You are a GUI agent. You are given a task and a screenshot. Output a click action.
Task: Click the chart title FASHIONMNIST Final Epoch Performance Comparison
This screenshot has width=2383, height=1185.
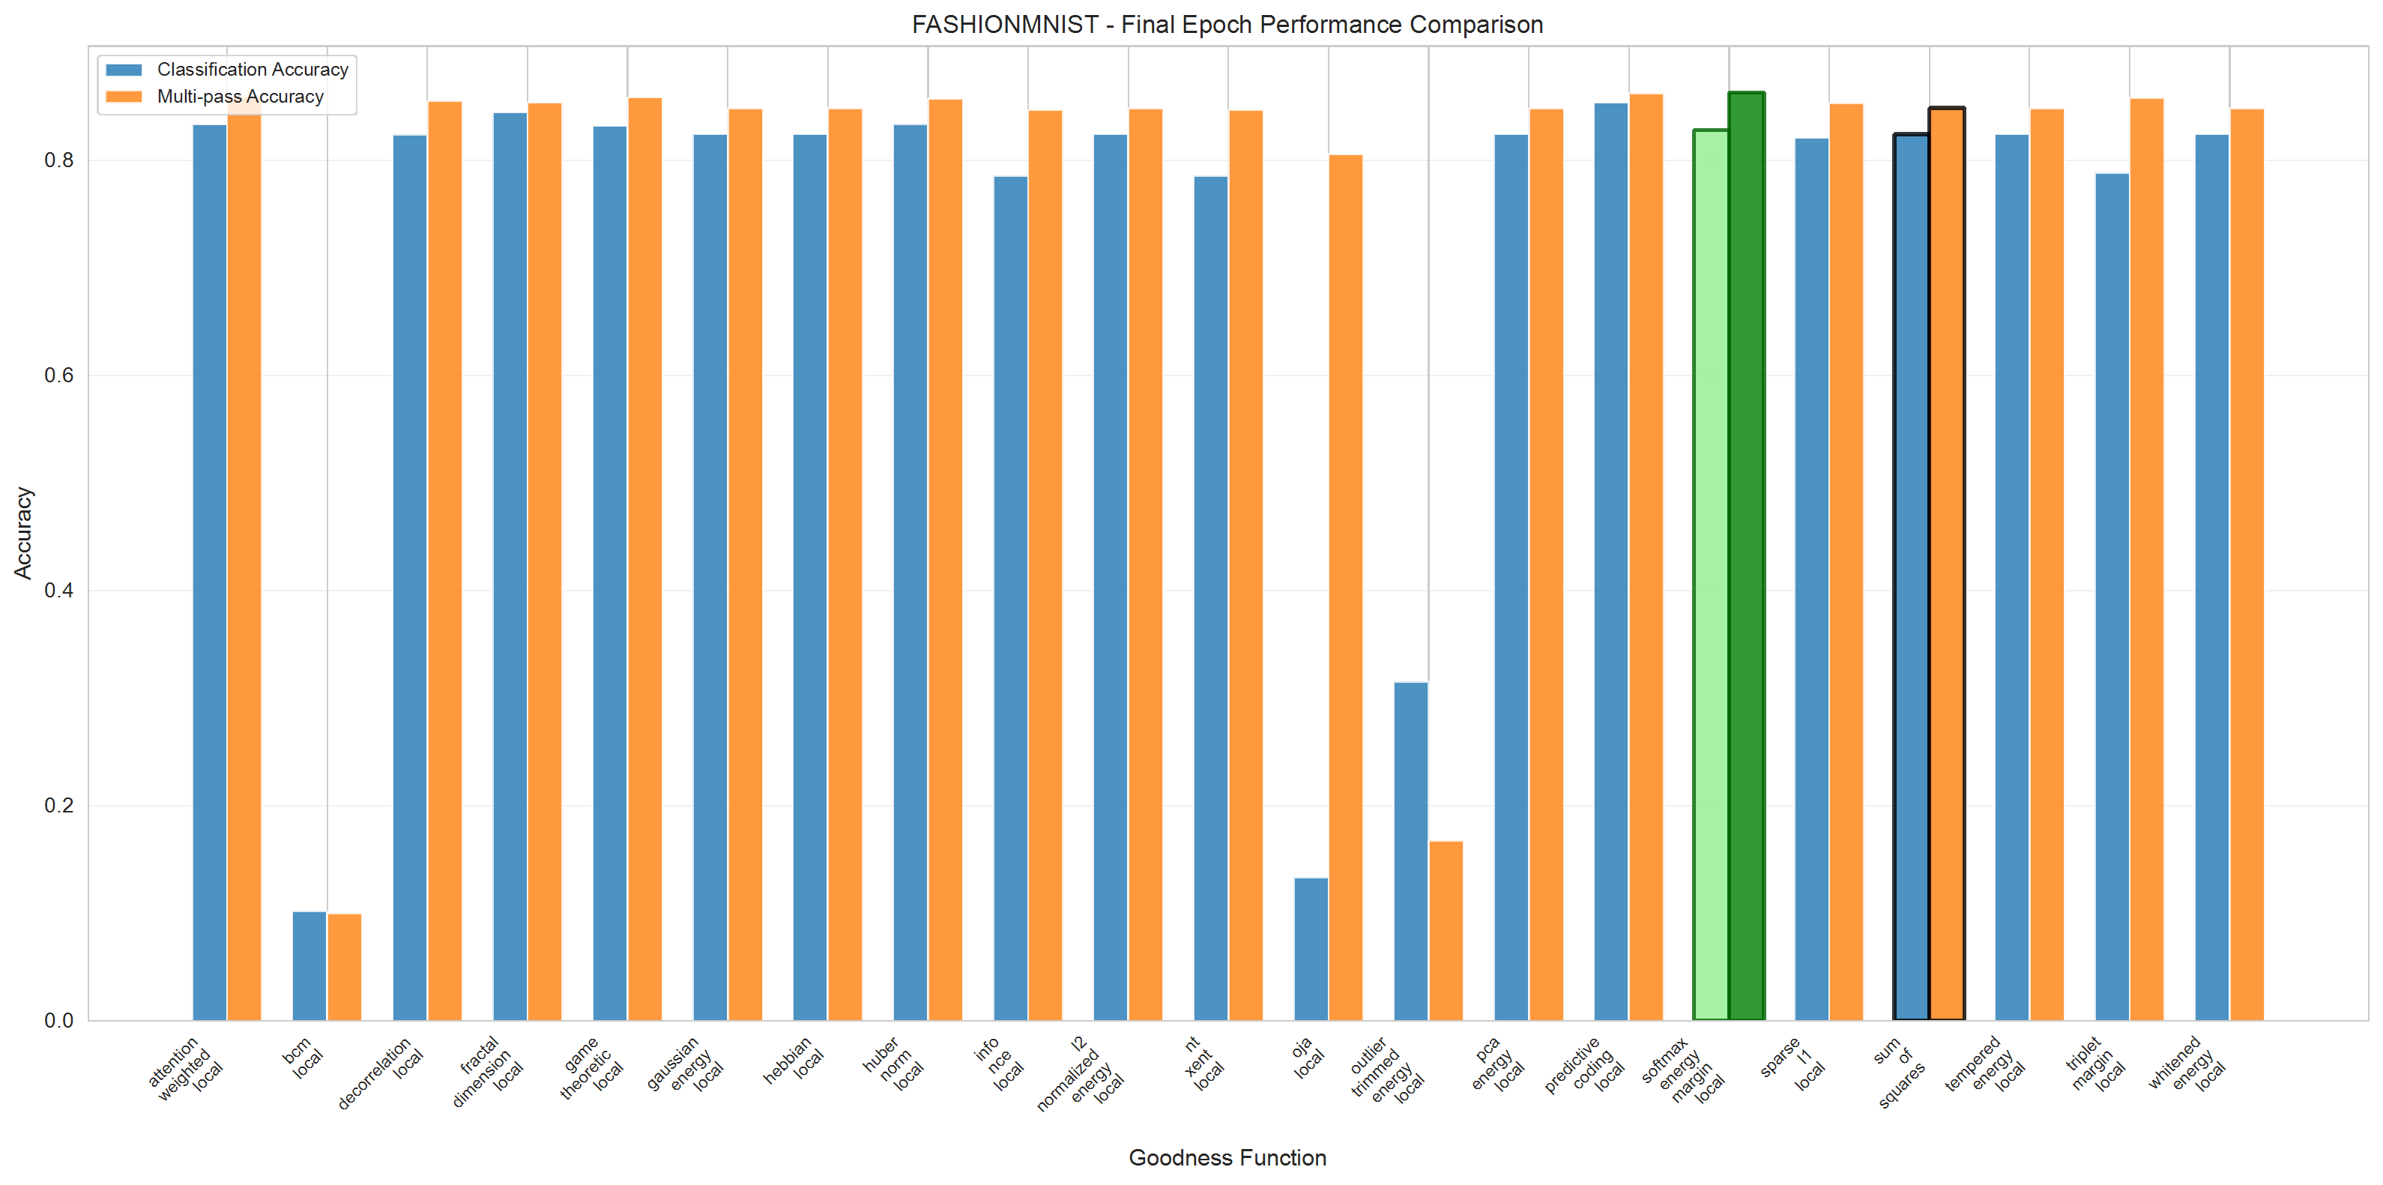coord(1227,24)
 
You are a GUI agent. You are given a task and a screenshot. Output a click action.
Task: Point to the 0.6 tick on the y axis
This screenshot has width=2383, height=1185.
coord(58,376)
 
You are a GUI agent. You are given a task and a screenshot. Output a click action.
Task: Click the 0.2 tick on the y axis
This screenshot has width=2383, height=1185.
coord(58,806)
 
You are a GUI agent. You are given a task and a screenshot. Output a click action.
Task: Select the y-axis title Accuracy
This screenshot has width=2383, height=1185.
coord(22,533)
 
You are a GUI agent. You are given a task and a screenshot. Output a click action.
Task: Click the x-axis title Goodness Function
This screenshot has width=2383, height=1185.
coord(1227,1157)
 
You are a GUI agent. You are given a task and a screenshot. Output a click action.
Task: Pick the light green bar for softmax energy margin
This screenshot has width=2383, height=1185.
coord(1711,573)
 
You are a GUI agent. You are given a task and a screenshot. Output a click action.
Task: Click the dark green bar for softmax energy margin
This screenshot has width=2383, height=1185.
coord(1745,555)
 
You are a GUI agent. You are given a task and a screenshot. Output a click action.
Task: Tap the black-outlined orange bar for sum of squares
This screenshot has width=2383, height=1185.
coord(1946,564)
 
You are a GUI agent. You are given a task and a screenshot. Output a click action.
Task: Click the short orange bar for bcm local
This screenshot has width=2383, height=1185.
coord(344,967)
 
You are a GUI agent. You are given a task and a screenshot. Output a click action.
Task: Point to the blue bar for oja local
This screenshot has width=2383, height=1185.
coord(1310,948)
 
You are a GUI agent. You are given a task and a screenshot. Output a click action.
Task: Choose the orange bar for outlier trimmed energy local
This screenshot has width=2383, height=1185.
coord(1446,929)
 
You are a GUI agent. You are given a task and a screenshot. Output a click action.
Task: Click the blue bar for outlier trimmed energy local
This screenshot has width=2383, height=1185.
coord(1411,851)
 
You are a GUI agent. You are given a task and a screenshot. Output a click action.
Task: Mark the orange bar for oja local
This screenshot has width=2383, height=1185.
coord(1345,588)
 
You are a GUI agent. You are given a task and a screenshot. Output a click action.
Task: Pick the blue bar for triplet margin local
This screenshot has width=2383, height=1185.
coord(2112,597)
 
